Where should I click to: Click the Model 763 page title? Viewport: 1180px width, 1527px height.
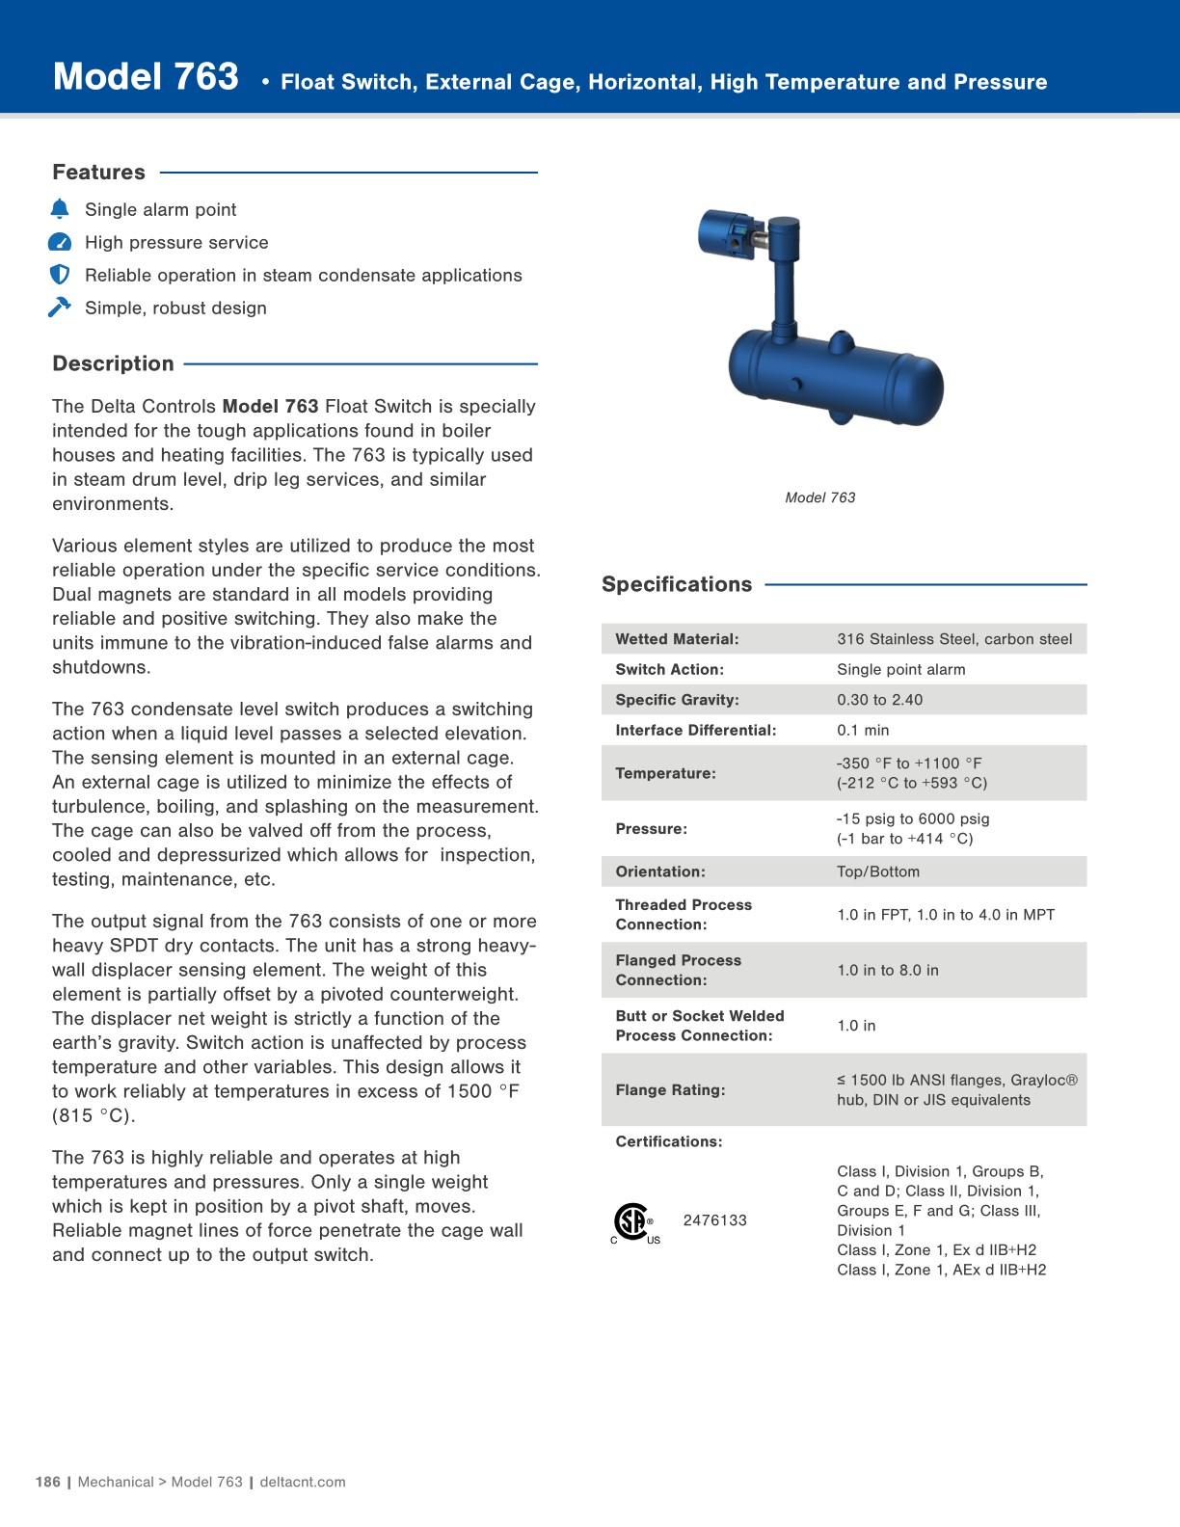[x=146, y=77]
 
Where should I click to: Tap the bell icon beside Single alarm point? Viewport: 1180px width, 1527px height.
[x=60, y=209]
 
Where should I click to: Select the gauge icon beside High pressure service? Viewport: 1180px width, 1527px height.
[x=60, y=242]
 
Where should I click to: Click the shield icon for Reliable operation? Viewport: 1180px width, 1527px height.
[x=60, y=275]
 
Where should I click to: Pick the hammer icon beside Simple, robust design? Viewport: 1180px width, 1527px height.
[x=60, y=308]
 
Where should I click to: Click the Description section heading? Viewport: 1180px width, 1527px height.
[x=113, y=363]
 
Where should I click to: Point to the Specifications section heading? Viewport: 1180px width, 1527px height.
[x=677, y=584]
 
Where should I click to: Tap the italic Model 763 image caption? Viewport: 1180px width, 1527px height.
[x=819, y=497]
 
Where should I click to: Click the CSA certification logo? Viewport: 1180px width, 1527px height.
[x=633, y=1222]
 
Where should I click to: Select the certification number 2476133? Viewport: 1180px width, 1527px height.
[x=714, y=1220]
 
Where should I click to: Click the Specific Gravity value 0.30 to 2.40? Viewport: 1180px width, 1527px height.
[x=879, y=700]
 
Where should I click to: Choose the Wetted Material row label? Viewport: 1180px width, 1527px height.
[x=677, y=639]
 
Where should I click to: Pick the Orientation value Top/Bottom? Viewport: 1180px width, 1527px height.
[x=877, y=871]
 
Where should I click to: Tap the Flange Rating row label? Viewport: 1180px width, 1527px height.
[x=670, y=1090]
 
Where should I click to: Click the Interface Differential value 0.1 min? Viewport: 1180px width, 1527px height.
[x=863, y=731]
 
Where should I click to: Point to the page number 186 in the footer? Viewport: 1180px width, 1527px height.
[x=48, y=1482]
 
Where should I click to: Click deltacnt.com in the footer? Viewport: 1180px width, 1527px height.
[x=303, y=1482]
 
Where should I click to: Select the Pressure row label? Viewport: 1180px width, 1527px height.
[x=651, y=829]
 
